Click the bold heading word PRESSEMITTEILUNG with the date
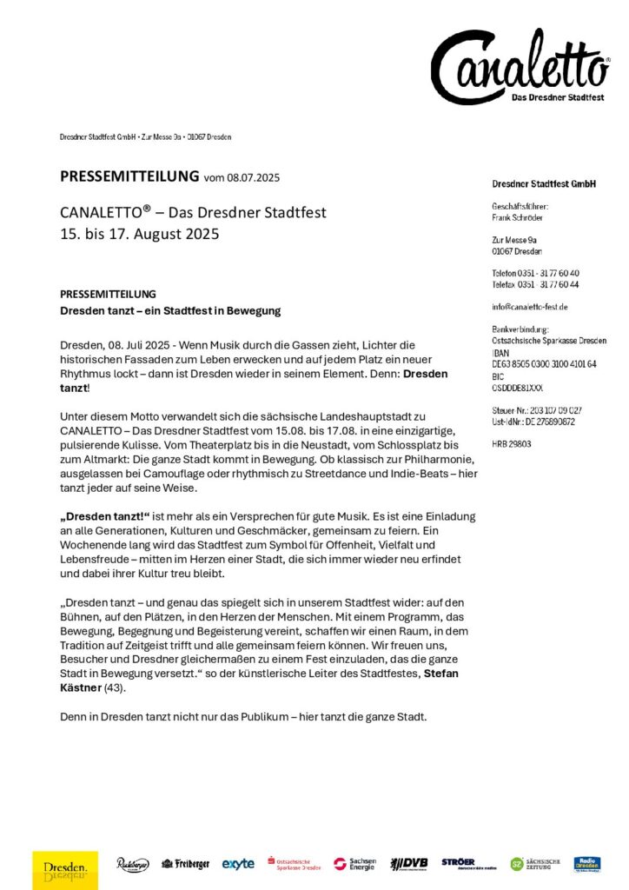pyautogui.click(x=129, y=177)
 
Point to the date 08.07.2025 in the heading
pyautogui.click(x=254, y=178)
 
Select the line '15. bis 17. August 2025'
pyautogui.click(x=140, y=233)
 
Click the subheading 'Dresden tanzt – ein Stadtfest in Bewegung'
pyautogui.click(x=170, y=310)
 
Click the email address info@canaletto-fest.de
pyautogui.click(x=529, y=307)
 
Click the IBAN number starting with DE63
pyautogui.click(x=544, y=364)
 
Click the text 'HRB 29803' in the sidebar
pyautogui.click(x=512, y=443)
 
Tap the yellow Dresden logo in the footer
pyautogui.click(x=65, y=868)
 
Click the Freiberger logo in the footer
pyautogui.click(x=186, y=864)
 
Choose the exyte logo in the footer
pyautogui.click(x=238, y=864)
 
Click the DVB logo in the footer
pyautogui.click(x=408, y=864)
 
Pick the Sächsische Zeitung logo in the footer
pyautogui.click(x=535, y=864)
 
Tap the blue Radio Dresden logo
pyautogui.click(x=587, y=864)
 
